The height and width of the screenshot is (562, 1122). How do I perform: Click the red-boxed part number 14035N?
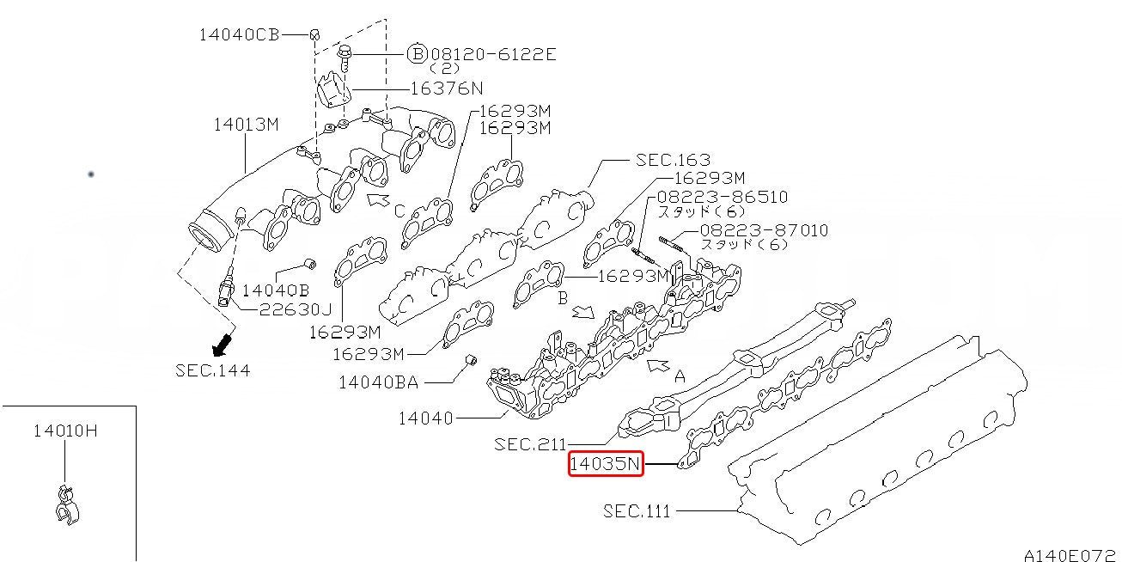[606, 463]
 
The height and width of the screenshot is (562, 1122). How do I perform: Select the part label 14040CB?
[240, 34]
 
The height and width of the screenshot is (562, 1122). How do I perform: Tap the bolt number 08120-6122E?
[493, 54]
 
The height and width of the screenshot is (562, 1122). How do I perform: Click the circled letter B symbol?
[417, 53]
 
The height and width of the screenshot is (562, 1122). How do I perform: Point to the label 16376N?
[447, 89]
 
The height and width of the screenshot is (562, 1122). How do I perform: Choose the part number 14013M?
[246, 125]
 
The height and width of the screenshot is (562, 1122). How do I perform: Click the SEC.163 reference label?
[673, 160]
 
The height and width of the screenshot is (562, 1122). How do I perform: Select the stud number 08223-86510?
[723, 196]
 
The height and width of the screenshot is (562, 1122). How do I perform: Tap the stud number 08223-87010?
[764, 230]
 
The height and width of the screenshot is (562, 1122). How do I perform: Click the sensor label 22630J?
[296, 309]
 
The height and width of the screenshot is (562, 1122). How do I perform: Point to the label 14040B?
[276, 290]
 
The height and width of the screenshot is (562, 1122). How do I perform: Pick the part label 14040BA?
[378, 382]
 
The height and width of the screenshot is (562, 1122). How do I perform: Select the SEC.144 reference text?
[212, 370]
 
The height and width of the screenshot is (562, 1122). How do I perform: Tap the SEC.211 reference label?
[530, 443]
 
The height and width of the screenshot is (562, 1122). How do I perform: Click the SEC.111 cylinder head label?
[637, 511]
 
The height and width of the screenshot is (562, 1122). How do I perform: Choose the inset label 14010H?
[65, 431]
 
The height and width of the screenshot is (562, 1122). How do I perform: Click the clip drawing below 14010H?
[67, 505]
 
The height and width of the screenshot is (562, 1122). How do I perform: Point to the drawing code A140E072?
[1070, 555]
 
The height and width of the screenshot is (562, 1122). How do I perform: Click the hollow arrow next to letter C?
[379, 200]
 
